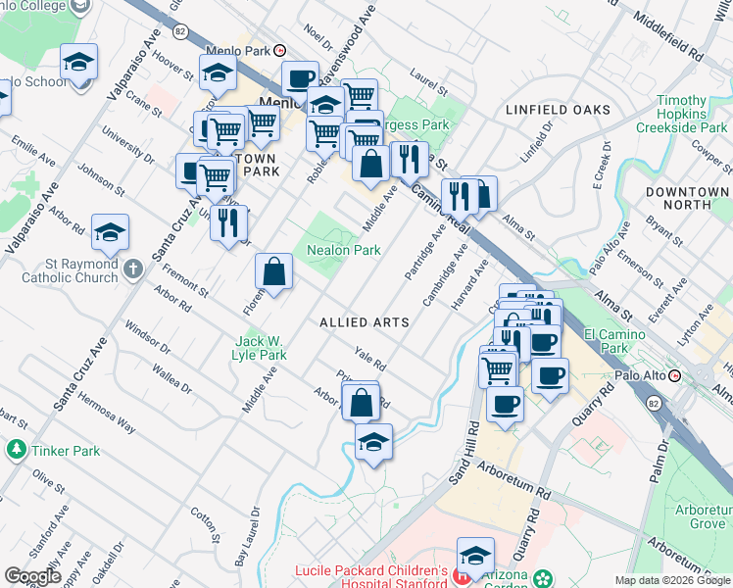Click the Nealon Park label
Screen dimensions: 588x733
(343, 250)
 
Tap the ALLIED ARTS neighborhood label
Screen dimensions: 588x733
(364, 321)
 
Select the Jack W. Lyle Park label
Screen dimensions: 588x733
(260, 348)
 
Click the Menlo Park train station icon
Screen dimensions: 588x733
(280, 51)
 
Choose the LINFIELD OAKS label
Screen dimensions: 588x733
(558, 110)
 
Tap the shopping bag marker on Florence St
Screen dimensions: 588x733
(274, 270)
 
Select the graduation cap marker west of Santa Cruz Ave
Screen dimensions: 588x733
(111, 231)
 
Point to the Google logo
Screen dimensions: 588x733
(33, 576)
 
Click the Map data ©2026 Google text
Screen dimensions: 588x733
(672, 580)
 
